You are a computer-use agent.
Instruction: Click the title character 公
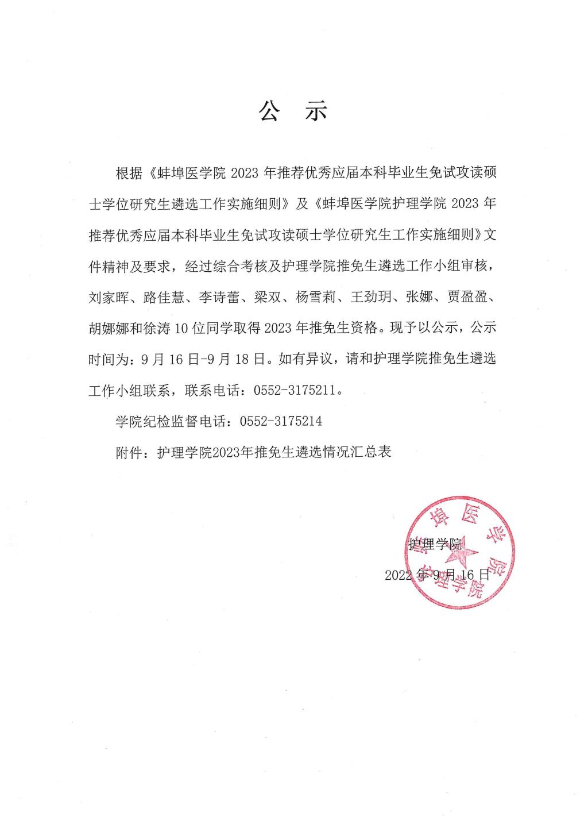coord(269,111)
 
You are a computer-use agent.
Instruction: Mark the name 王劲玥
coord(374,298)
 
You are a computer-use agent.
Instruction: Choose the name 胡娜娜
coord(111,329)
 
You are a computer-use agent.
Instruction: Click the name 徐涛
coord(158,329)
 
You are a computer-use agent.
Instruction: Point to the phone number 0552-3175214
coord(281,422)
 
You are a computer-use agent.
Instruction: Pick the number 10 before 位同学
coord(181,329)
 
